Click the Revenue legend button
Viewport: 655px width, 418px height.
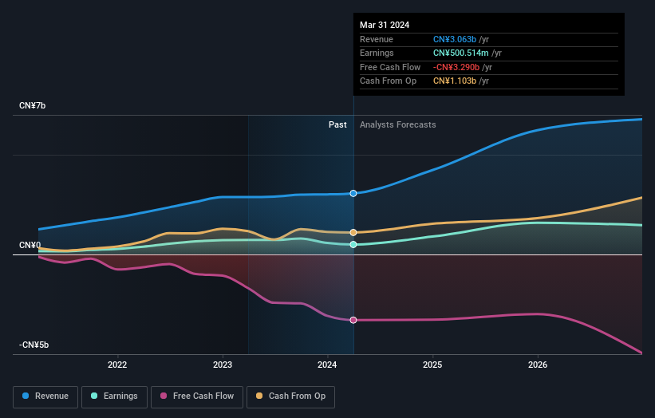pyautogui.click(x=46, y=396)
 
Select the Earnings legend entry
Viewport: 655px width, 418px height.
pyautogui.click(x=115, y=396)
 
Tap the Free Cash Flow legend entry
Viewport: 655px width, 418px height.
pyautogui.click(x=196, y=396)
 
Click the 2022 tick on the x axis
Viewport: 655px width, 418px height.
pyautogui.click(x=117, y=365)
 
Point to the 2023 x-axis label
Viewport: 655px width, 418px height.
pyautogui.click(x=223, y=365)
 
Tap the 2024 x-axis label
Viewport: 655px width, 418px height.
pyautogui.click(x=328, y=365)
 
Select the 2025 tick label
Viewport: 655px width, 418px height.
pyautogui.click(x=432, y=365)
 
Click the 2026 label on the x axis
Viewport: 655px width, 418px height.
pyautogui.click(x=538, y=365)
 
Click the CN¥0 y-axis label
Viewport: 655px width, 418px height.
pyautogui.click(x=30, y=245)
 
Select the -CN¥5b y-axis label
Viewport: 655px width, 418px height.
pyautogui.click(x=34, y=345)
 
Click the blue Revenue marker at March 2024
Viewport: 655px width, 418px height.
pyautogui.click(x=353, y=193)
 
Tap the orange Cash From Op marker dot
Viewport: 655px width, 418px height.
pyautogui.click(x=353, y=232)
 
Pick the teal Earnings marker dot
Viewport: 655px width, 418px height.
pyautogui.click(x=353, y=244)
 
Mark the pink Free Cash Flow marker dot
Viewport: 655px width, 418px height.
pyautogui.click(x=353, y=320)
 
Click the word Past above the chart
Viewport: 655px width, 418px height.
pyautogui.click(x=337, y=124)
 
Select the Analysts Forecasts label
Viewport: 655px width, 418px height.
pyautogui.click(x=398, y=124)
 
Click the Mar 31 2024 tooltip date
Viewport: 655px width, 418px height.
pyautogui.click(x=385, y=25)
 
